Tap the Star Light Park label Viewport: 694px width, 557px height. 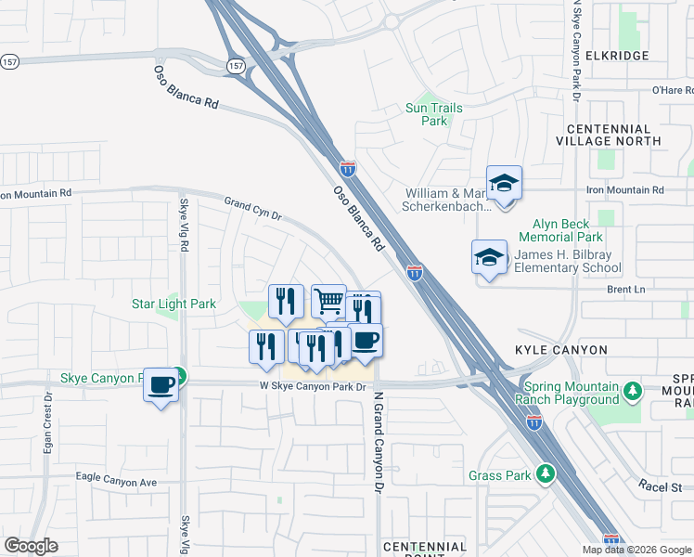[x=173, y=304]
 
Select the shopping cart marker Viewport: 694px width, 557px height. [x=328, y=301]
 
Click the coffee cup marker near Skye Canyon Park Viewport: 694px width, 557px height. [x=161, y=383]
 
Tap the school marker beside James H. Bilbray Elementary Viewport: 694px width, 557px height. [x=489, y=257]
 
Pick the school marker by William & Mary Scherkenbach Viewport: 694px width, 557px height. [x=504, y=183]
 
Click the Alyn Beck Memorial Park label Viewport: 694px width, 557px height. [x=568, y=231]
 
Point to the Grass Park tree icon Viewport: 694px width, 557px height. [x=547, y=474]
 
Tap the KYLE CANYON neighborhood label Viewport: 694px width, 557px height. [x=561, y=350]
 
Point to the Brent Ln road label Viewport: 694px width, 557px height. [x=625, y=290]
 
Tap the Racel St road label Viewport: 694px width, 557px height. [x=660, y=486]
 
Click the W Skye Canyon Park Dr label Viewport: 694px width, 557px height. [x=315, y=386]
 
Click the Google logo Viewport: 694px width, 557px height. [x=31, y=546]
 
